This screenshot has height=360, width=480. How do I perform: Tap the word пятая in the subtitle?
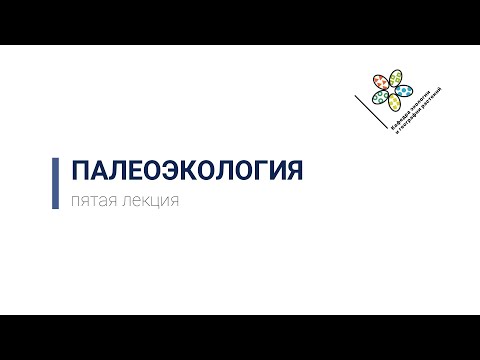pos(89,200)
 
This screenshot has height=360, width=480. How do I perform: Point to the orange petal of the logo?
pos(381,82)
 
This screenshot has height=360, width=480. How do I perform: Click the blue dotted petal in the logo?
pos(404,90)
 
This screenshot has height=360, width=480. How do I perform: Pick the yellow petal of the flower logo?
pos(394,102)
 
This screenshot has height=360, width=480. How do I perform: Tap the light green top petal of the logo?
pos(395,77)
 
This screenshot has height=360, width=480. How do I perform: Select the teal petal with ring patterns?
pos(380,97)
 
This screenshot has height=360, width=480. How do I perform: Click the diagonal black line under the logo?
pos(370,109)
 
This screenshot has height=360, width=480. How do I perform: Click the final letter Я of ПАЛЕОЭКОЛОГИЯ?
pos(292,170)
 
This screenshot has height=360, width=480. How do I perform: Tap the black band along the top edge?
pos(240,22)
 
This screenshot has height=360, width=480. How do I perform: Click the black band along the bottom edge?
pos(240,337)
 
